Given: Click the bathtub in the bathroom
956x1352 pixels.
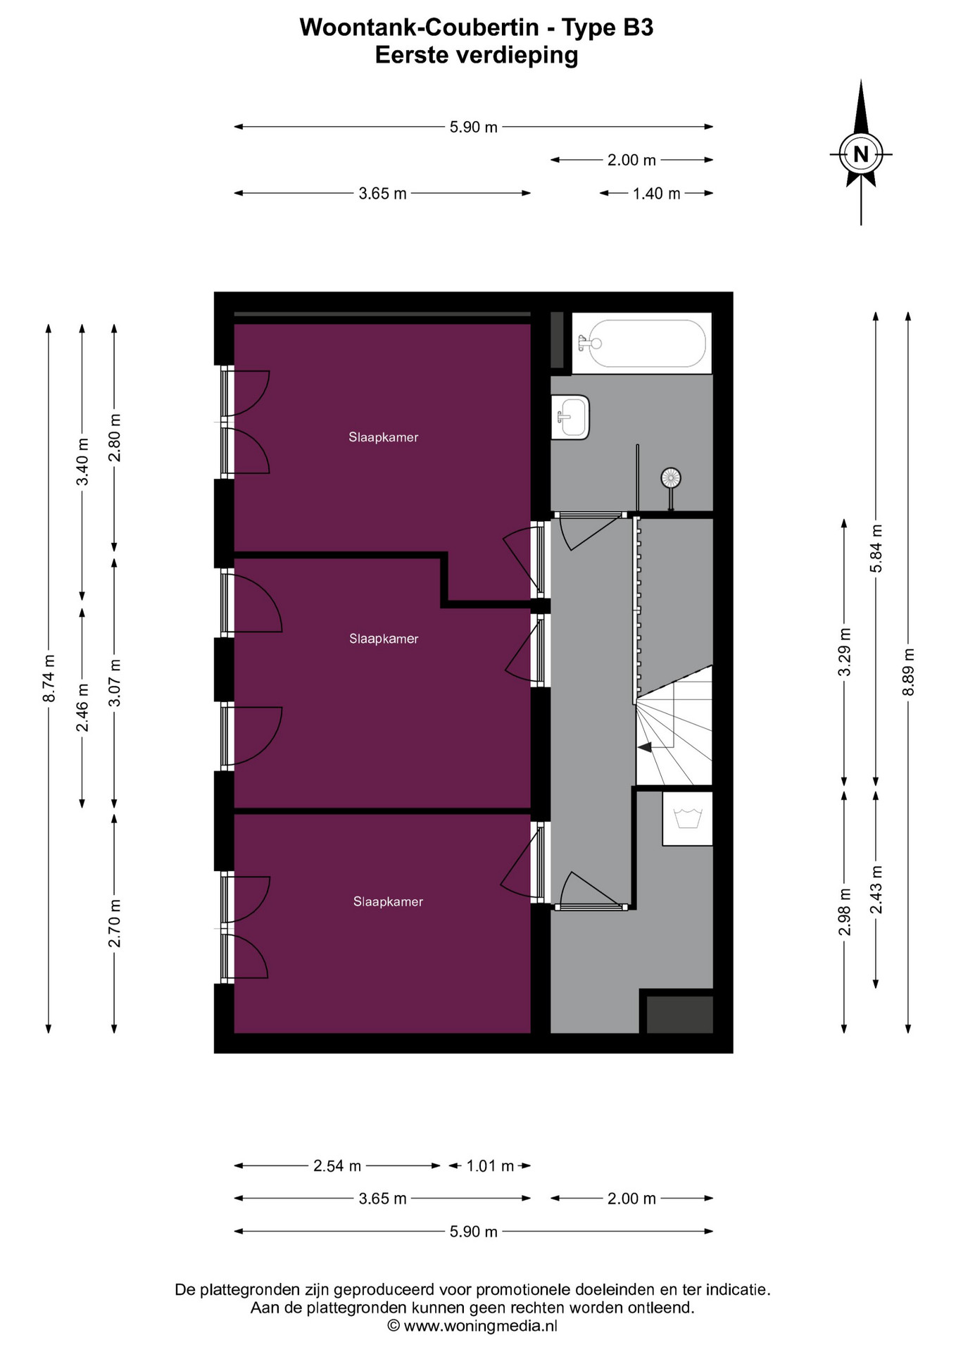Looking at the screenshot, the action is point(641,343).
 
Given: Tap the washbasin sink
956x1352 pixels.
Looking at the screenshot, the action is point(570,417).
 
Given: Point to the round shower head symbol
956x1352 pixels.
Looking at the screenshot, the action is point(671,479).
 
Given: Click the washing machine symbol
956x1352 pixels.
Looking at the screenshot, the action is point(688,818).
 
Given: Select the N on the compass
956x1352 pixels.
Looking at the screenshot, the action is point(860,154).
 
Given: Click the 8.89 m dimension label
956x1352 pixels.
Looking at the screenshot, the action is point(908,672).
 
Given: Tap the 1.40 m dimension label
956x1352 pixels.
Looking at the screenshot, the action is point(656,194).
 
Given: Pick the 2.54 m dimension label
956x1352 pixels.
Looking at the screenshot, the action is point(337,1166).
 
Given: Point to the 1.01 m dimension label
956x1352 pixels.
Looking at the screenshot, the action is point(490,1166).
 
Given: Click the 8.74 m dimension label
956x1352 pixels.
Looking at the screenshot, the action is point(49,679).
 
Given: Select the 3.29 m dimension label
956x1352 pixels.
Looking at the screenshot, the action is point(844,652).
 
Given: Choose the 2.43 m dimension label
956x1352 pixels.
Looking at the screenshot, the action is point(876,890).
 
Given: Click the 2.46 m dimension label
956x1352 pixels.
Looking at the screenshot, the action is point(82,708).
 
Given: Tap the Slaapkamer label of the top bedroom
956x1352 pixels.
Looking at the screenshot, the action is point(384,437).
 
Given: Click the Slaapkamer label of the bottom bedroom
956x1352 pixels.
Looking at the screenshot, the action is point(388,901).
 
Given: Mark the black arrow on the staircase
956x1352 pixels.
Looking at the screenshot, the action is point(644,747).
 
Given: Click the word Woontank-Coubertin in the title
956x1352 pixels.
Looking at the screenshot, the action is point(420,27).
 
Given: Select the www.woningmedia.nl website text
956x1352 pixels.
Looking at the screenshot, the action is point(481,1326).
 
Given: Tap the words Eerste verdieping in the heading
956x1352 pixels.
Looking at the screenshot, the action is point(477,55).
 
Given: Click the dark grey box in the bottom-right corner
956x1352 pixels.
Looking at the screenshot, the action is point(679,1014).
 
